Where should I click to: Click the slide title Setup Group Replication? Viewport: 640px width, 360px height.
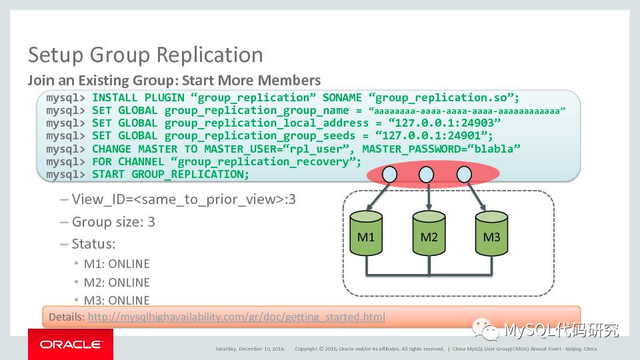[145, 55]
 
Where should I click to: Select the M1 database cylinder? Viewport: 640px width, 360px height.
[366, 235]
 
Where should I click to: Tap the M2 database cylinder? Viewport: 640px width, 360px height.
[429, 235]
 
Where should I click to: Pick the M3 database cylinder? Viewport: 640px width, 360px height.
[491, 235]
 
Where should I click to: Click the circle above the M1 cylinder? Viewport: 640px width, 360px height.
[390, 175]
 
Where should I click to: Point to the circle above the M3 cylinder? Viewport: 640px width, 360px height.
[464, 175]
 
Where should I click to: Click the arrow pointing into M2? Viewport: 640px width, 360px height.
[427, 197]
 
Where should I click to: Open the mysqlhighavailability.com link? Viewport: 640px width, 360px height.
[236, 317]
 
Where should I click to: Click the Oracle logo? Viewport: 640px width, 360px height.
[71, 344]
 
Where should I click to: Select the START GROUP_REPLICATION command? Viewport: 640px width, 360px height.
[170, 175]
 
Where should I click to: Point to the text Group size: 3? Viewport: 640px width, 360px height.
[113, 222]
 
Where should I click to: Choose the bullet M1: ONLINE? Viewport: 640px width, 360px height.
[116, 264]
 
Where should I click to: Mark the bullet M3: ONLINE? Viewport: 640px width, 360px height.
[116, 300]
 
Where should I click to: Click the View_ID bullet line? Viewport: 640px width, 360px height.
[183, 199]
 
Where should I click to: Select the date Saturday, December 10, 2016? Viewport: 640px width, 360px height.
[249, 349]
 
